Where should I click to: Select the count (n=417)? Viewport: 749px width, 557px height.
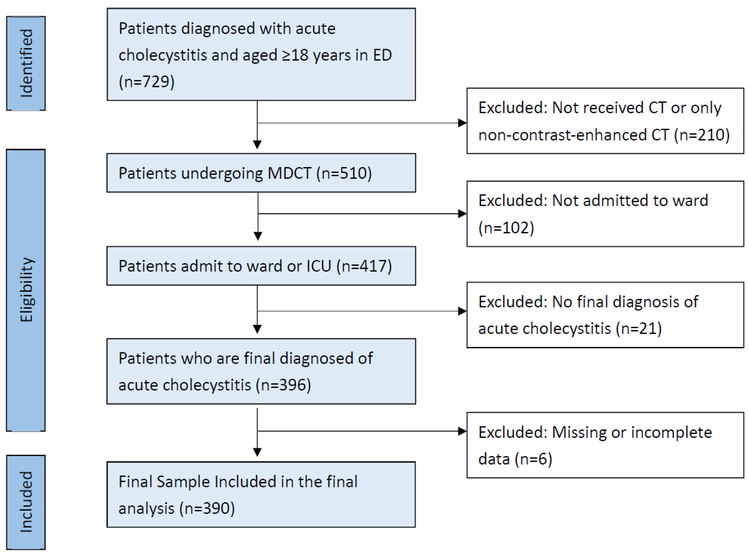(x=364, y=266)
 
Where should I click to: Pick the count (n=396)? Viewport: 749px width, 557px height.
(x=283, y=385)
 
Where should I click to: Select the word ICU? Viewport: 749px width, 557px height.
(x=318, y=266)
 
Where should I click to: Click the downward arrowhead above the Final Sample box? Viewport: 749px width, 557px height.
(x=257, y=452)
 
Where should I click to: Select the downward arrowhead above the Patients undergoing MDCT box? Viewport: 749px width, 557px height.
(x=257, y=145)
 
